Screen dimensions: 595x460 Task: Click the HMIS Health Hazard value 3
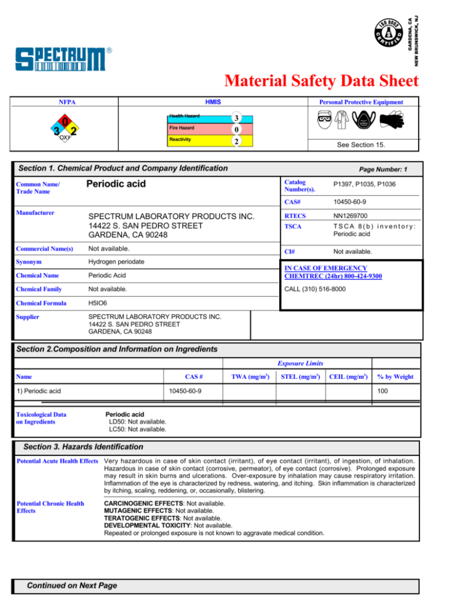tap(237, 118)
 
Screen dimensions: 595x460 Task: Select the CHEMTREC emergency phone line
tap(332, 272)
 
